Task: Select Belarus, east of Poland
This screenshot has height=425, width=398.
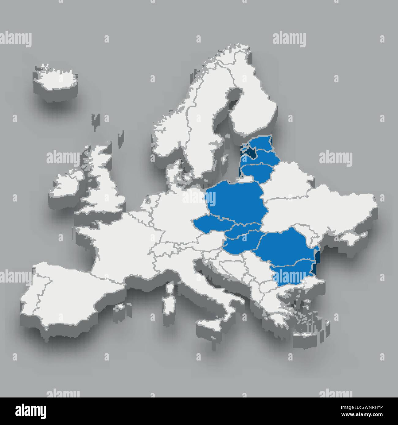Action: click(291, 180)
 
